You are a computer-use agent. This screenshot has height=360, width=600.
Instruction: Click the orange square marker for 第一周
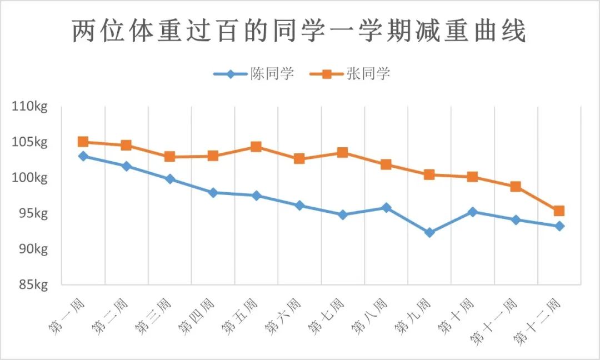click(x=83, y=142)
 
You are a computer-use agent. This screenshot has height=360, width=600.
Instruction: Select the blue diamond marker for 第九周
click(x=429, y=233)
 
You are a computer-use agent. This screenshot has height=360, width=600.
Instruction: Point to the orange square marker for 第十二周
click(x=559, y=211)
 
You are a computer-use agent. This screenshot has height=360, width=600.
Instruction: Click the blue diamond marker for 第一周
click(x=83, y=156)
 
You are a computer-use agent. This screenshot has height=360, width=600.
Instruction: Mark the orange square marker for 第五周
click(x=256, y=147)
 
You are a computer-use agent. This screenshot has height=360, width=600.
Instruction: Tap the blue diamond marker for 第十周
click(x=473, y=212)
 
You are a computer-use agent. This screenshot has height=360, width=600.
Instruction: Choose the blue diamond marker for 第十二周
click(x=559, y=226)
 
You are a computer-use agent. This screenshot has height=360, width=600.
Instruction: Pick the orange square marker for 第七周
click(x=343, y=152)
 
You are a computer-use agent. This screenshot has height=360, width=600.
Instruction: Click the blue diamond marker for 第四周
click(x=213, y=192)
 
